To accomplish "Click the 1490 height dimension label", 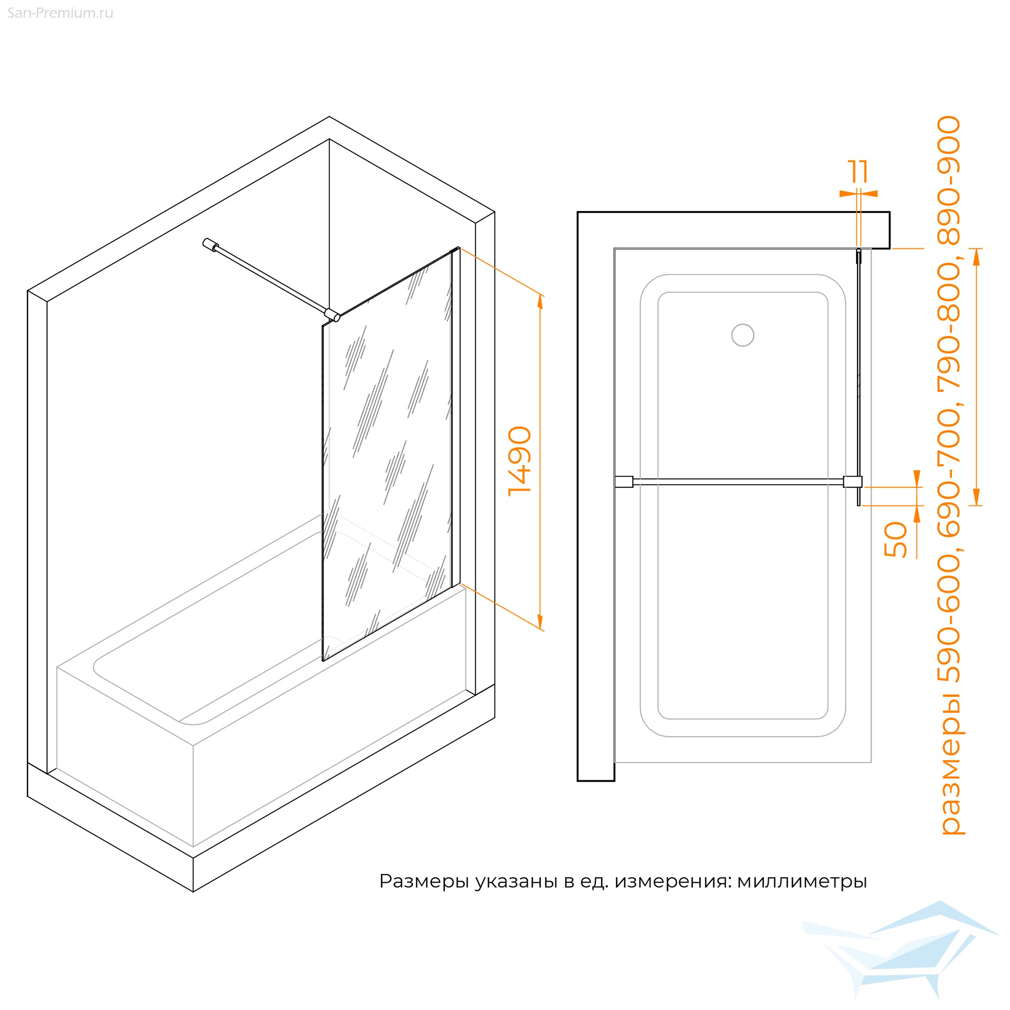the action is [520, 461].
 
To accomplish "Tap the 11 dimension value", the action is [858, 172].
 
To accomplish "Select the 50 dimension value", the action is [895, 539].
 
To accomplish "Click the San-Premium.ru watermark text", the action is [60, 13].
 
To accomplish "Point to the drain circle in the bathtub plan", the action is [742, 335].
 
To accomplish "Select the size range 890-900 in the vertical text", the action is [949, 180].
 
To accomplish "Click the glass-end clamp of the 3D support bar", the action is [332, 315].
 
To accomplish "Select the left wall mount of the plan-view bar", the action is [624, 481].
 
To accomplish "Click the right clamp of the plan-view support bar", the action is [852, 481].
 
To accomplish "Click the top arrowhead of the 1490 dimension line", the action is [540, 302].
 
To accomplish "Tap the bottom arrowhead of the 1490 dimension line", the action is [540, 622].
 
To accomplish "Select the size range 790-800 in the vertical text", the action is [949, 326].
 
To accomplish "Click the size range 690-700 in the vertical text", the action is [949, 473].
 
